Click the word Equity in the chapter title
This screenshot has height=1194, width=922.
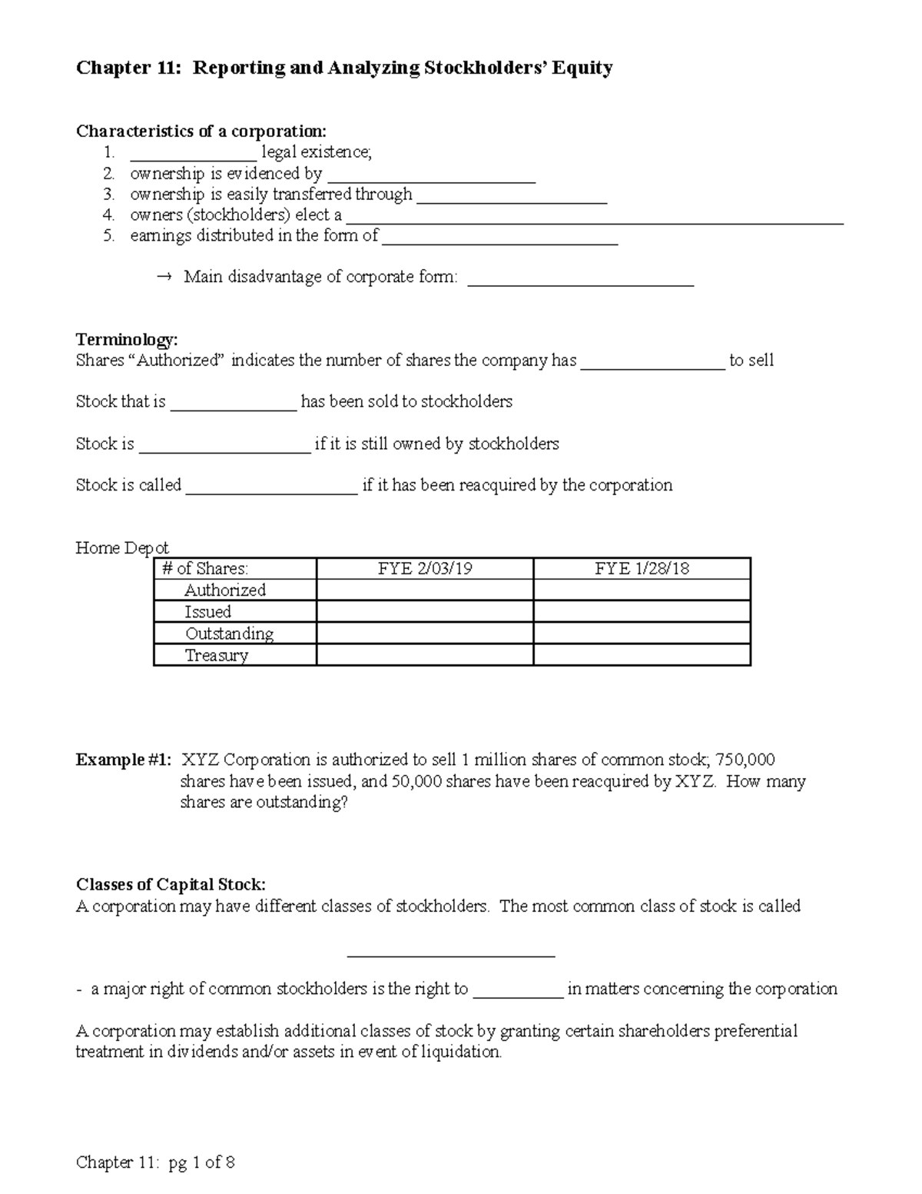[587, 69]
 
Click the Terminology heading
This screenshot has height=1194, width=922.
[127, 340]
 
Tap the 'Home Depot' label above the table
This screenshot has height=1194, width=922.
[122, 547]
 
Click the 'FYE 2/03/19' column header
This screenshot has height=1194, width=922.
[424, 569]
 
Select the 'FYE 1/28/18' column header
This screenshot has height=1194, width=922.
[642, 569]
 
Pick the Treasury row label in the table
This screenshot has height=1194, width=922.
[216, 655]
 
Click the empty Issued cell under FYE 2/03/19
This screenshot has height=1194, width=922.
[424, 612]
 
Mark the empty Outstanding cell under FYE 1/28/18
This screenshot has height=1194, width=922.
[642, 634]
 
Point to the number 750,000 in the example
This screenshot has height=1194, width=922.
[745, 760]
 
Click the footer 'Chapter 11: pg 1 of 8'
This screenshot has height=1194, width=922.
[155, 1162]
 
